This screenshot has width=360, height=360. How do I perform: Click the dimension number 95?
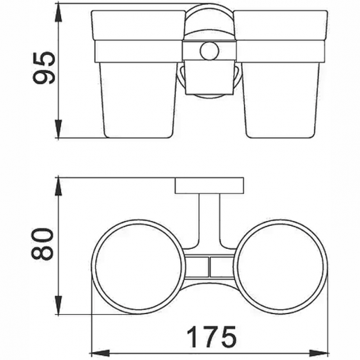44,67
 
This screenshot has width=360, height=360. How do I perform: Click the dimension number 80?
42,244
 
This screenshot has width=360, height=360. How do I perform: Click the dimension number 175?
212,336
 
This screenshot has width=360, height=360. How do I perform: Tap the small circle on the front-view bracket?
209,51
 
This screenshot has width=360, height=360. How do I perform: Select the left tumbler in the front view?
138,74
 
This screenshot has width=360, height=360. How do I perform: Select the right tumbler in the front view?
281,74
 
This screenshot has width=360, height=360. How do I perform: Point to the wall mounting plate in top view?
209,186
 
